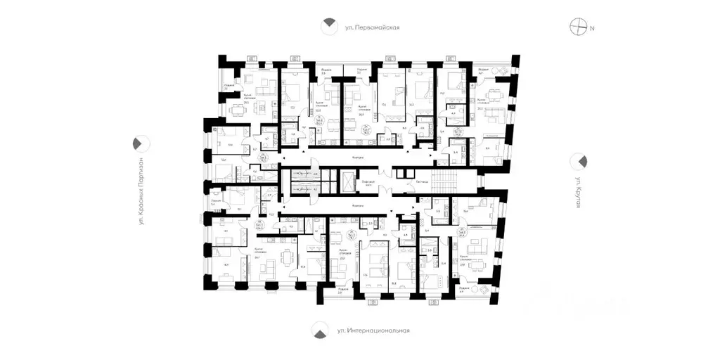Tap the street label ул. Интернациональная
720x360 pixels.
[x=373, y=330]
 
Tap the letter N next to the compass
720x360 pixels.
[x=593, y=28]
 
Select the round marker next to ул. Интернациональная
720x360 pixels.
[x=320, y=330]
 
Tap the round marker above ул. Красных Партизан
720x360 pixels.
[x=139, y=143]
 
